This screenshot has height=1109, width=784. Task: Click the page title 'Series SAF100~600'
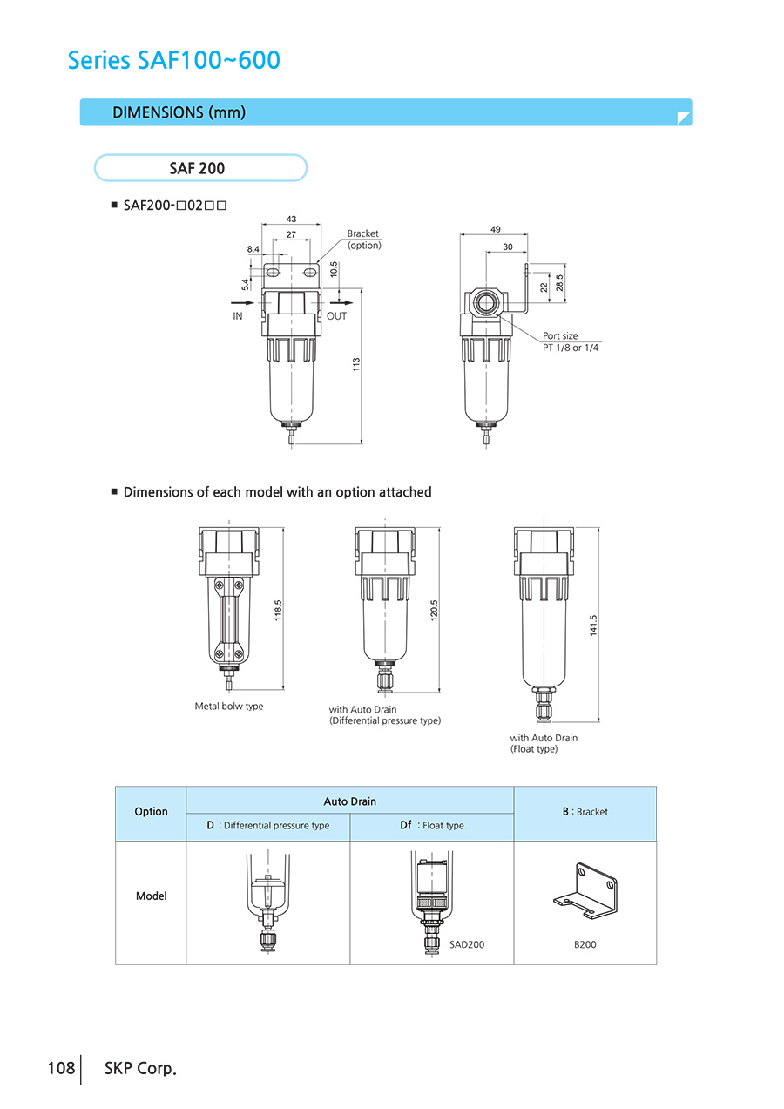(x=174, y=60)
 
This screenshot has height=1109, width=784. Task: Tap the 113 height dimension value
(x=356, y=366)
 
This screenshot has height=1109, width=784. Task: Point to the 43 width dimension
(x=291, y=220)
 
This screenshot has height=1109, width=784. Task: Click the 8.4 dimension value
(x=253, y=249)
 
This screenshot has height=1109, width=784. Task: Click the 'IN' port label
(x=238, y=316)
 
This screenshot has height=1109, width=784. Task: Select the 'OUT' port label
(x=336, y=316)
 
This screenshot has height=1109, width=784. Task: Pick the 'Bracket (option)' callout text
(x=363, y=240)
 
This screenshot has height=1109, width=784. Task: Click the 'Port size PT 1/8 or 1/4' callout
(x=571, y=341)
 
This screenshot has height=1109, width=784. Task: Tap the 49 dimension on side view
(x=495, y=229)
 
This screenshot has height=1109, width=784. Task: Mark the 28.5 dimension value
(x=560, y=283)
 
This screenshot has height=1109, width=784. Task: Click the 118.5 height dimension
(x=279, y=610)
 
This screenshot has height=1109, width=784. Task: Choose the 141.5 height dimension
(x=593, y=626)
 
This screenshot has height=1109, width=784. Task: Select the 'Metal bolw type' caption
(x=228, y=706)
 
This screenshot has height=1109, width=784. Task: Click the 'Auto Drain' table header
(x=349, y=801)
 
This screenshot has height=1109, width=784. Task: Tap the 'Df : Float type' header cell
(x=431, y=825)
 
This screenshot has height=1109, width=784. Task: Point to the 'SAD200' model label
(x=467, y=944)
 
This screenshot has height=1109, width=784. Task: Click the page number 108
(x=61, y=1068)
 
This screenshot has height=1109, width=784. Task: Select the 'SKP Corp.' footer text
(x=139, y=1068)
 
